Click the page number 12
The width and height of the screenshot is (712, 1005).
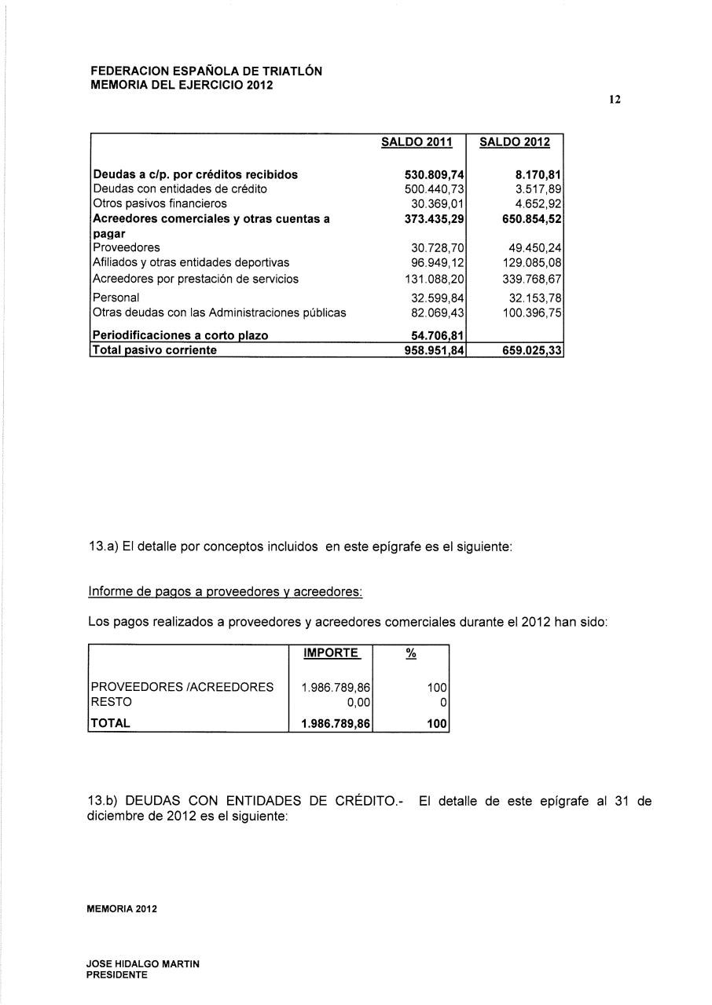click(615, 100)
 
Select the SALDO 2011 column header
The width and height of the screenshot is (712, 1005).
click(417, 142)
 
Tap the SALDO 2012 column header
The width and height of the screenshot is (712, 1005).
click(515, 142)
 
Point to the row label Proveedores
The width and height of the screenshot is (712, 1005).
click(127, 247)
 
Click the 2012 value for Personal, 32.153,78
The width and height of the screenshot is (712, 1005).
click(530, 298)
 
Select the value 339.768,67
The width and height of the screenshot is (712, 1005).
click(530, 279)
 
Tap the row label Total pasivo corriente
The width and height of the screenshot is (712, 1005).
click(155, 350)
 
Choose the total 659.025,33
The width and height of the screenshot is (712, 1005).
click(530, 351)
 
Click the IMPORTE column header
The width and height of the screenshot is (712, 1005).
click(331, 653)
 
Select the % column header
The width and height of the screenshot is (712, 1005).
click(410, 653)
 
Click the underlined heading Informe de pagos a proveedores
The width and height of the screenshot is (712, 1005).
click(226, 590)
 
